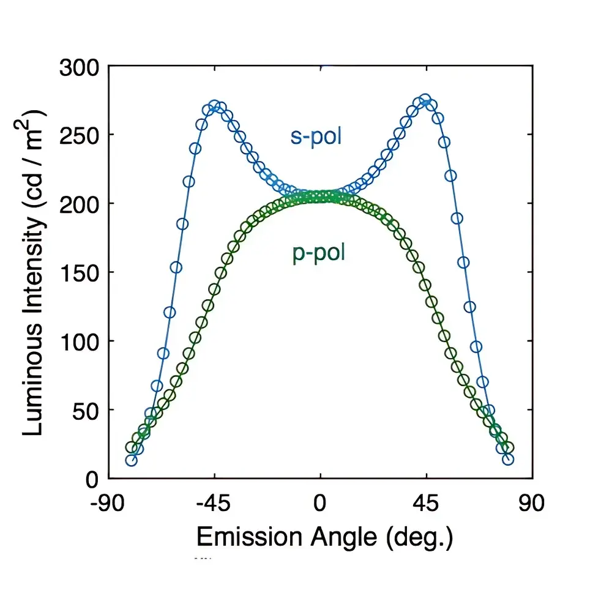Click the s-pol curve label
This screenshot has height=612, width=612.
(x=316, y=136)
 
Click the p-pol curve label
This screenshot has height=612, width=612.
(x=315, y=253)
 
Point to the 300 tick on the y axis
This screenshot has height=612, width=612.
(x=80, y=67)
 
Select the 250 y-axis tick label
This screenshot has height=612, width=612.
(x=80, y=135)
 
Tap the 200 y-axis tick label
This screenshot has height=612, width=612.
(x=80, y=204)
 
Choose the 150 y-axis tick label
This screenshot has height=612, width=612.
(x=80, y=273)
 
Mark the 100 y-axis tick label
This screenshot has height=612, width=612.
(x=80, y=341)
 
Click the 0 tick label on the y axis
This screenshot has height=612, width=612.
(x=92, y=479)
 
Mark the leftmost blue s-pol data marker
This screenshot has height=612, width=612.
(x=131, y=460)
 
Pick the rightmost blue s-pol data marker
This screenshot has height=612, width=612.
(x=508, y=459)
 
